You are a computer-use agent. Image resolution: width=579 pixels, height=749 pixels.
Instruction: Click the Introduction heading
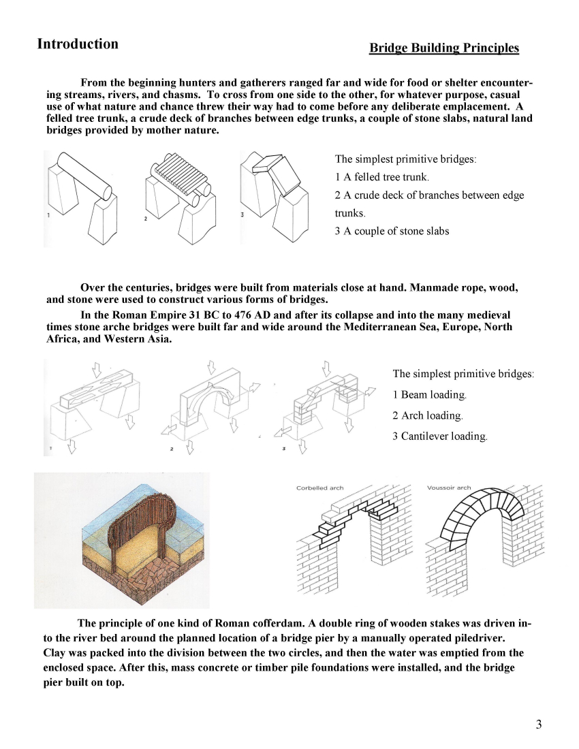tap(78, 44)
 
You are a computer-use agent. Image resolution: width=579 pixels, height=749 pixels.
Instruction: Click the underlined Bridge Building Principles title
tap(443, 48)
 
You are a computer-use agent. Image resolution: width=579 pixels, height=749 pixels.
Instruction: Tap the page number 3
tap(538, 724)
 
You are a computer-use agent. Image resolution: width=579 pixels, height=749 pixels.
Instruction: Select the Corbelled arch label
tap(319, 488)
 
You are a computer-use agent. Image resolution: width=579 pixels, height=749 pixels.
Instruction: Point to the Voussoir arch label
tap(448, 488)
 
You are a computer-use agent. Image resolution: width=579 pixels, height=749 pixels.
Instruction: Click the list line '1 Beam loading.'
tap(430, 395)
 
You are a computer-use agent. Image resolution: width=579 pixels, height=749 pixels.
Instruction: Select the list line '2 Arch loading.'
tap(427, 415)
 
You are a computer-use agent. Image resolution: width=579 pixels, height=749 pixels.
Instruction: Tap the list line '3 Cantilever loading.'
tap(439, 436)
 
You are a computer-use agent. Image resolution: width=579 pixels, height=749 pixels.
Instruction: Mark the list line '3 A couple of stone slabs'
tap(392, 231)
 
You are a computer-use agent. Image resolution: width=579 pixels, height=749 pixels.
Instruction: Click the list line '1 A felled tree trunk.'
tap(381, 177)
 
